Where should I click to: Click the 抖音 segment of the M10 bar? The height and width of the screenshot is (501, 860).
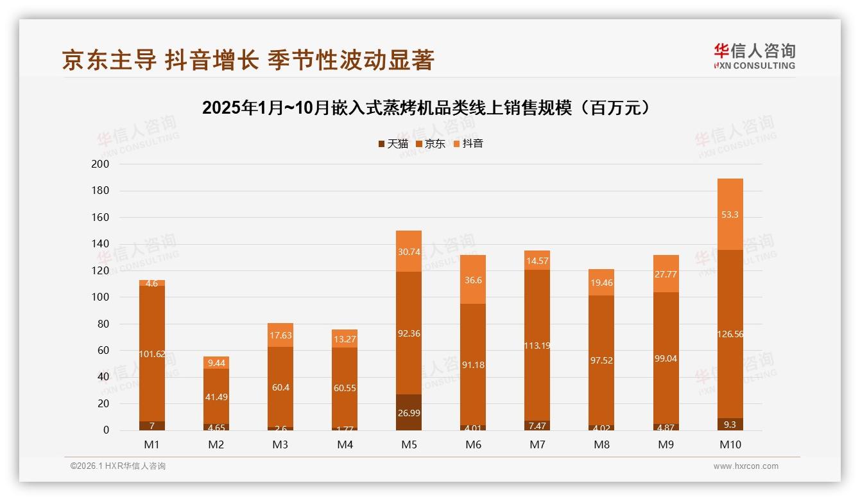click(730, 214)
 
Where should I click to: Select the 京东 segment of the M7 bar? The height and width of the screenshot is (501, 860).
click(537, 345)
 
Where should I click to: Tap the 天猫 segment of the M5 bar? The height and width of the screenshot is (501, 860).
click(409, 412)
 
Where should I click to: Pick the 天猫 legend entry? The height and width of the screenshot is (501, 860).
click(393, 144)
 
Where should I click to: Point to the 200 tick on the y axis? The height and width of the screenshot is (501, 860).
click(101, 164)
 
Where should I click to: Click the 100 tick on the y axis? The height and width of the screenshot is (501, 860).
click(101, 297)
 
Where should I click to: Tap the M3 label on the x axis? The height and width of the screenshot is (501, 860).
click(280, 444)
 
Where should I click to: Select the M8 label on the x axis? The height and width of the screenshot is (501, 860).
click(601, 444)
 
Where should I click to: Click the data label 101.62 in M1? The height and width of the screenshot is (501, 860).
click(152, 353)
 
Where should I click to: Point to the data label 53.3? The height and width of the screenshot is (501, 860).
click(730, 215)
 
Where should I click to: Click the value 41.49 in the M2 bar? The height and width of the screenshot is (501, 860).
click(216, 397)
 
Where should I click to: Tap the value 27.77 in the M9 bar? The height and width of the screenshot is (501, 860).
click(666, 274)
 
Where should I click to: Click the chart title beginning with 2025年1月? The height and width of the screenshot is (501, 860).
click(429, 108)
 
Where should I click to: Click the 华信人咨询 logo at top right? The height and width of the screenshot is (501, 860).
click(754, 56)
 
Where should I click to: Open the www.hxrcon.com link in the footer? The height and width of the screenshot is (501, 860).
click(746, 466)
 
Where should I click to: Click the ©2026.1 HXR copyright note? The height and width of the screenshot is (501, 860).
click(118, 466)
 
